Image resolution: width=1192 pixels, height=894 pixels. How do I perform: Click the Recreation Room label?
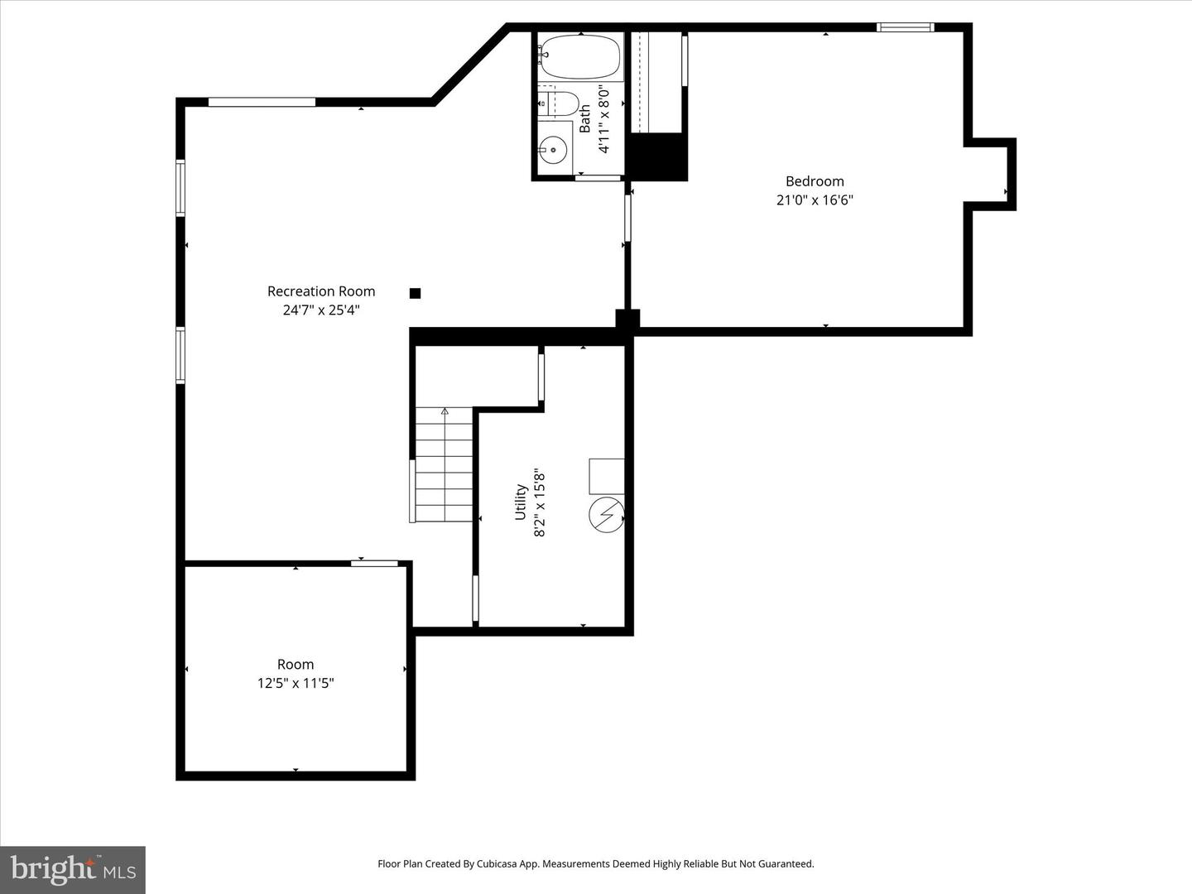[x=321, y=291]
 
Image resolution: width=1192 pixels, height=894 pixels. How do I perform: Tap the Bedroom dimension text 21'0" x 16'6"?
[x=815, y=200]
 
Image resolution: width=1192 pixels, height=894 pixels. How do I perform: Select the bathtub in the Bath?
[x=579, y=56]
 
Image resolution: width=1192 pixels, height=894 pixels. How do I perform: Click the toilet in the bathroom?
[x=560, y=103]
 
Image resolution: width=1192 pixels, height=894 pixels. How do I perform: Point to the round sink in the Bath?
[x=553, y=150]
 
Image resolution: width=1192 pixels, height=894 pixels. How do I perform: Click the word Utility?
[x=521, y=502]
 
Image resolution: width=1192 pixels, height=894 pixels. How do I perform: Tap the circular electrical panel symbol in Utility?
[x=606, y=516]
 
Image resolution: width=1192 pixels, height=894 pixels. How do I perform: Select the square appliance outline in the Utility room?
[x=607, y=475]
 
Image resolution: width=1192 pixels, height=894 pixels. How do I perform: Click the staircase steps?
[x=445, y=468]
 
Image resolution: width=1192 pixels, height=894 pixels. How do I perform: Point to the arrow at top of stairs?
[x=445, y=411]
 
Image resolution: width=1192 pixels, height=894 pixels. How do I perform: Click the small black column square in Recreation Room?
[x=416, y=293]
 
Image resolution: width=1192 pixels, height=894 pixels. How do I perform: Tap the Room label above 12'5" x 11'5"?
[x=296, y=665]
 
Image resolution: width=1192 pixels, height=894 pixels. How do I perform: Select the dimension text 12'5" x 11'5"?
[x=296, y=684]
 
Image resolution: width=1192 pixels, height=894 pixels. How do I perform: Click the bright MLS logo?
[x=73, y=869]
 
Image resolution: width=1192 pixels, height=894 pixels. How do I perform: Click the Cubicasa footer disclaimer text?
[x=596, y=864]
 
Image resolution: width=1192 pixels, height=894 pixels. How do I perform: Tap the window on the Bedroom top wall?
[x=906, y=27]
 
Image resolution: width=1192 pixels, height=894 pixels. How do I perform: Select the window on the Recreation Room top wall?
[x=262, y=103]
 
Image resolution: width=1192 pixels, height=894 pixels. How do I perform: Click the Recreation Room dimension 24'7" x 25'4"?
[x=321, y=310]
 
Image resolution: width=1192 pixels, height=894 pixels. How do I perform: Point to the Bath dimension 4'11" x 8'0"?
[x=604, y=120]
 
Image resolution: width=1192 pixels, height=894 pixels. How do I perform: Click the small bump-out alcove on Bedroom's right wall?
[x=990, y=175]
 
